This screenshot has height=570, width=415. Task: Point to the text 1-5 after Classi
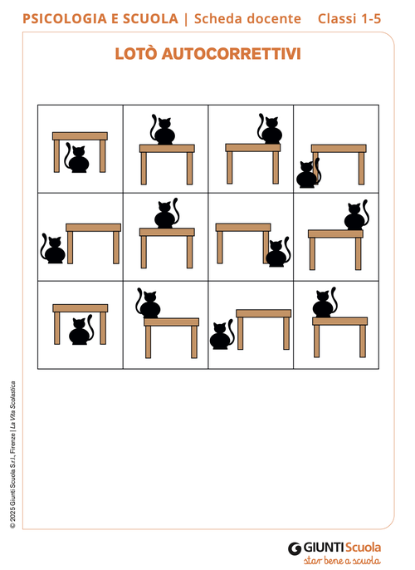(370, 18)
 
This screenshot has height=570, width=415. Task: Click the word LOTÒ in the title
(136, 53)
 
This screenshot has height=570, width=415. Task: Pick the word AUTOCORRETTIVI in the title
(232, 54)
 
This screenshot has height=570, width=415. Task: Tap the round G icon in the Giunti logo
(295, 548)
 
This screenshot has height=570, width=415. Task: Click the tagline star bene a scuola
(342, 560)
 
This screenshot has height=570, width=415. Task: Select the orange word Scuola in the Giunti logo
(363, 548)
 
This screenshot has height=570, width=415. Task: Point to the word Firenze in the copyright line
(12, 442)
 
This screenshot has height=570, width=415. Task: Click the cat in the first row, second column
(163, 130)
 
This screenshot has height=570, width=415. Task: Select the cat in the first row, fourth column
(308, 173)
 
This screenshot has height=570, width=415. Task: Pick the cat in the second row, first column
(52, 248)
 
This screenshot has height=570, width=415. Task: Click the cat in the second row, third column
(278, 252)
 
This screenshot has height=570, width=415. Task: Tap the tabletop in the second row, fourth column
(335, 233)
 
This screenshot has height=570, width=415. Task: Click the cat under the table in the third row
(81, 330)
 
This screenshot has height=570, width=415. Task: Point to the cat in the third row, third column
(222, 334)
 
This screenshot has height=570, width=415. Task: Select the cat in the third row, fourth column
(325, 302)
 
